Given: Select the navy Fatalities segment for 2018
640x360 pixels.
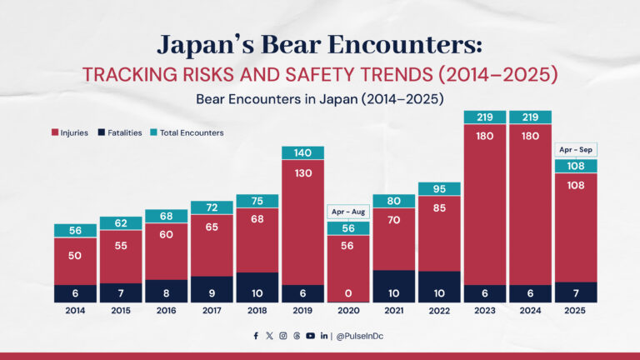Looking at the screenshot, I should pyautogui.click(x=257, y=287).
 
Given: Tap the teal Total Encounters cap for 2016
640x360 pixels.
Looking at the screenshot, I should pyautogui.click(x=167, y=216).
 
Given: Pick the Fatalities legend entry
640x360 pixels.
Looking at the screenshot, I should pyautogui.click(x=121, y=132).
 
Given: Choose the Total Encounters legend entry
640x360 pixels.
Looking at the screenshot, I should pyautogui.click(x=187, y=132).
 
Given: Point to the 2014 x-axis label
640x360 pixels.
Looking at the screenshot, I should pyautogui.click(x=75, y=311).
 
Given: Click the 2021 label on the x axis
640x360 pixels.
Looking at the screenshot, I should pyautogui.click(x=394, y=311).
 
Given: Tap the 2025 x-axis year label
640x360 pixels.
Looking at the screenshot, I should pyautogui.click(x=576, y=311).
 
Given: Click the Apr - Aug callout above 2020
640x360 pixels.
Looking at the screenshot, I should pyautogui.click(x=348, y=212).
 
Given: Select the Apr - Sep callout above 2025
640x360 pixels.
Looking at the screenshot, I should pyautogui.click(x=576, y=150).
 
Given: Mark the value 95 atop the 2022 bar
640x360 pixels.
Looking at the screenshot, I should pyautogui.click(x=439, y=188).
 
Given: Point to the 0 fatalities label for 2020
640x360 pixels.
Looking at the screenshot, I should pyautogui.click(x=348, y=293).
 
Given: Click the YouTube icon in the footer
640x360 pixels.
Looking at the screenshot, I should pyautogui.click(x=310, y=336).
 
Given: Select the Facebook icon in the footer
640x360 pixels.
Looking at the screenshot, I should pyautogui.click(x=256, y=336).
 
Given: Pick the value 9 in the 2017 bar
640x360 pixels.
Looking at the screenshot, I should pyautogui.click(x=212, y=293).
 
